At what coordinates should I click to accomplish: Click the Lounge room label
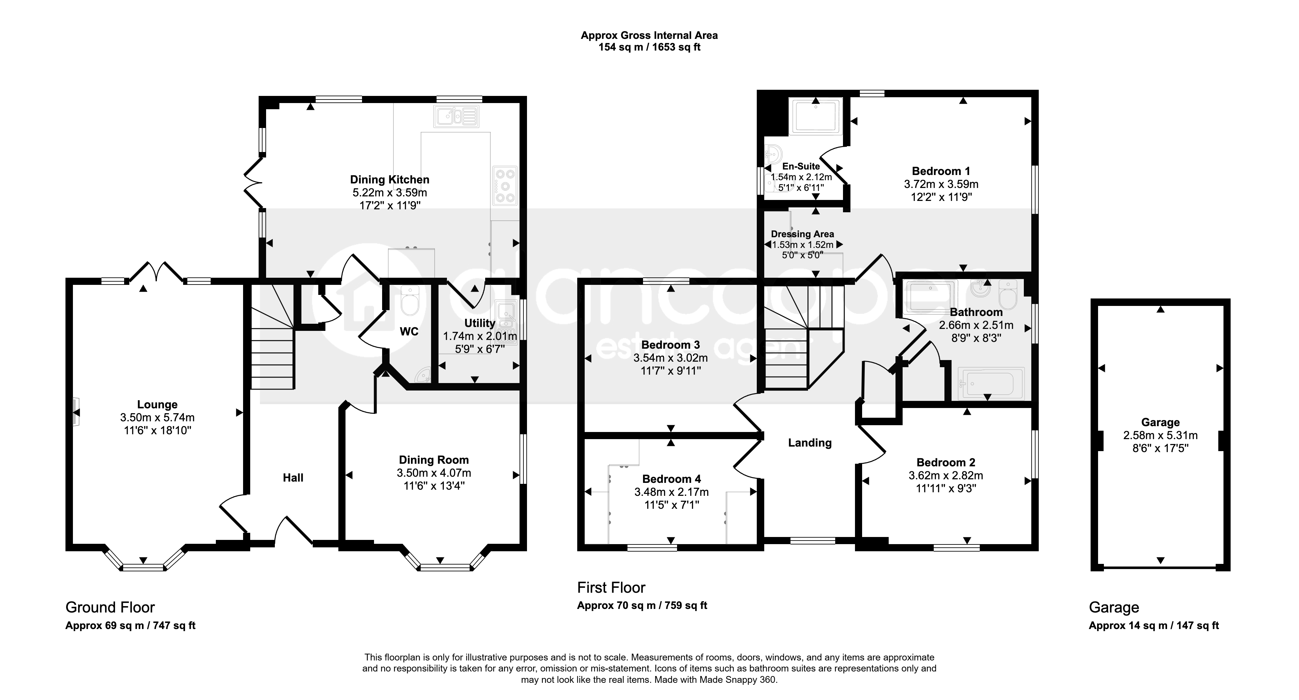click(157, 404)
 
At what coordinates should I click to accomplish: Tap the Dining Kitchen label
click(390, 180)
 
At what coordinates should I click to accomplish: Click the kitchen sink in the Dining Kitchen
click(456, 116)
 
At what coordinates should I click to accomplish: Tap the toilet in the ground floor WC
click(409, 300)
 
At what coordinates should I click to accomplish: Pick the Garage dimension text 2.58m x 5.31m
click(1160, 435)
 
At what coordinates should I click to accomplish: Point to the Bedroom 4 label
click(671, 479)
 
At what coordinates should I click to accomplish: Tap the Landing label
click(810, 443)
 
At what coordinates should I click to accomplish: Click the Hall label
click(293, 478)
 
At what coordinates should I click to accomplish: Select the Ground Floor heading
click(110, 607)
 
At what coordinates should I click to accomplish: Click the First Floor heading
click(611, 588)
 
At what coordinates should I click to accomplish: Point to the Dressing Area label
click(802, 234)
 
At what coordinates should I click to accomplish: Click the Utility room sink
click(506, 323)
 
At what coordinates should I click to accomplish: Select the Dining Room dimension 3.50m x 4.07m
click(434, 473)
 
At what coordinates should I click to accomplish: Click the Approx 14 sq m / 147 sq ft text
click(1154, 625)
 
